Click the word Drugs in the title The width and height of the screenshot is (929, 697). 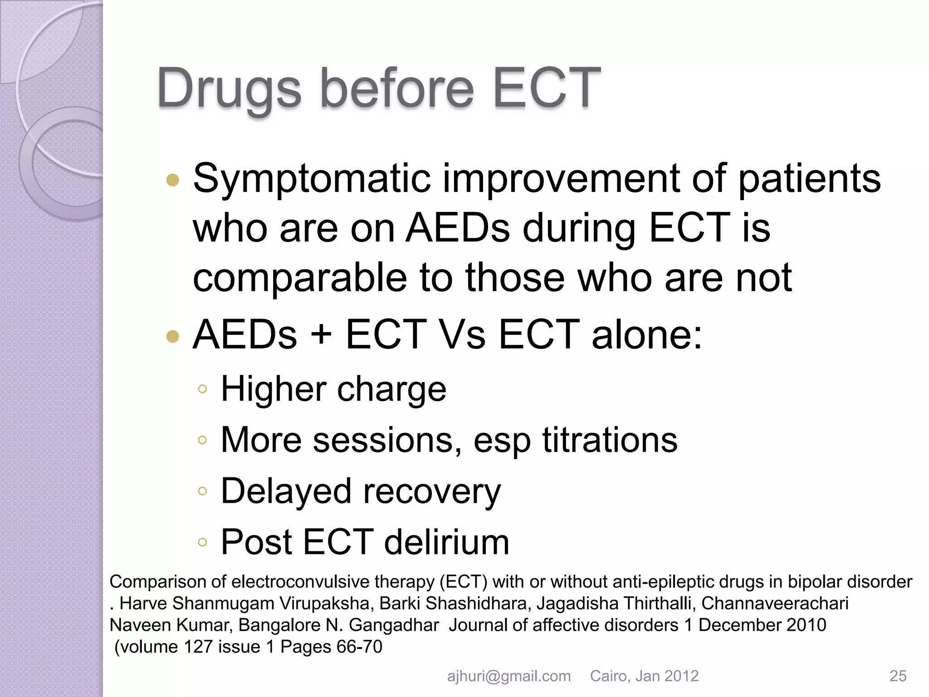(x=229, y=88)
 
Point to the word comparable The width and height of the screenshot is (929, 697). (x=300, y=278)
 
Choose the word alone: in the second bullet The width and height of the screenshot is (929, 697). (x=647, y=335)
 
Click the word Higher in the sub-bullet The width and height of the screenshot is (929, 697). (x=273, y=389)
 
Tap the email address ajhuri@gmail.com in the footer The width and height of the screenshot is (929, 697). (x=509, y=676)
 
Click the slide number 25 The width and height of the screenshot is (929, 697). (x=898, y=676)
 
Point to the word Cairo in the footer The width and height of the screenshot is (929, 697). (x=609, y=676)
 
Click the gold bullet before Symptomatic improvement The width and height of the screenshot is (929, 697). (x=173, y=181)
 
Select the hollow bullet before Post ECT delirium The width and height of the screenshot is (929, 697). (x=202, y=542)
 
